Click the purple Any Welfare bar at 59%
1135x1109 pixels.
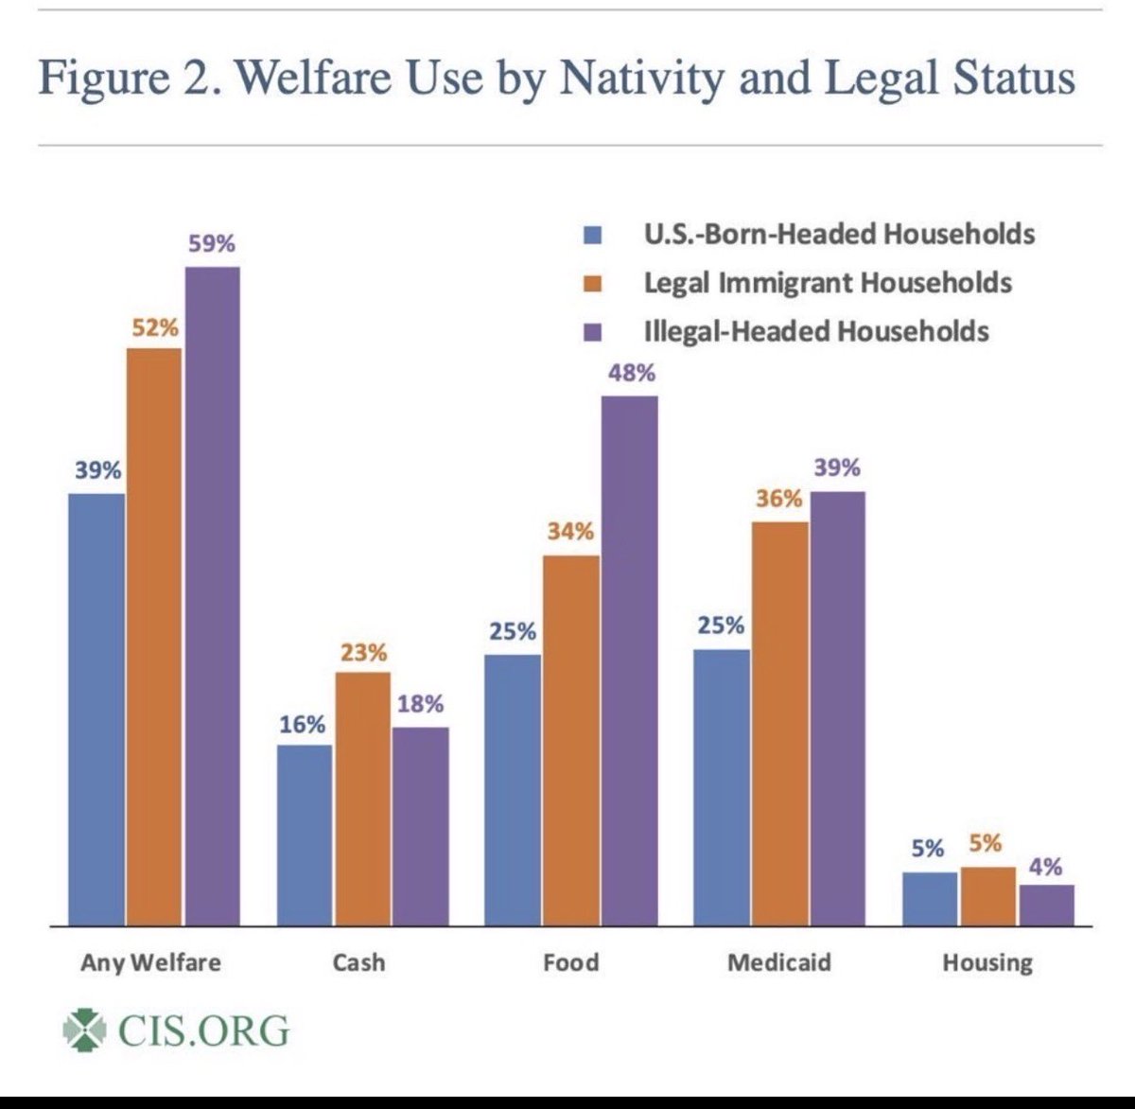(212, 596)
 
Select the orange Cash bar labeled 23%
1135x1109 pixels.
(362, 799)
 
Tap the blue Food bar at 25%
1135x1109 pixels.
(513, 790)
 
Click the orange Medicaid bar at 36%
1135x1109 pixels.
(778, 724)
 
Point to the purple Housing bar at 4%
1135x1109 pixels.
(1046, 906)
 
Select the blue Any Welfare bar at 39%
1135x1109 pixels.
(96, 710)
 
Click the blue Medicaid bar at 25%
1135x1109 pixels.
(721, 787)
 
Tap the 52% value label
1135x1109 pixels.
(154, 327)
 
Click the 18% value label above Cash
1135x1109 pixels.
(421, 705)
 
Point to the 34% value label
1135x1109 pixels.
(570, 532)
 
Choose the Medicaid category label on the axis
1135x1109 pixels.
(778, 963)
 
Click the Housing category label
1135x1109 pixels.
(987, 963)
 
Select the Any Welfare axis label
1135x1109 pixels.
(150, 963)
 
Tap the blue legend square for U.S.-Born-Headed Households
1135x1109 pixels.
(594, 235)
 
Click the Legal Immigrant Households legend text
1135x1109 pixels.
(828, 283)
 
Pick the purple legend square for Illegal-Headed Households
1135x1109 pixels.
(594, 332)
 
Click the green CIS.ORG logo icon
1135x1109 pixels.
(84, 1030)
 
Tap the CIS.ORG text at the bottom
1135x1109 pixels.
(203, 1030)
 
